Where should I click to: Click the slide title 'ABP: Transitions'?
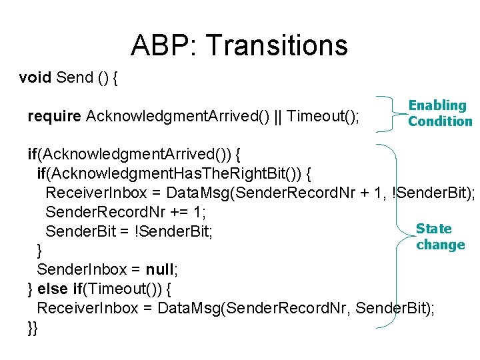239,45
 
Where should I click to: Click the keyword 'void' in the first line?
35,77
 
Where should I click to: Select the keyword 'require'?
55,117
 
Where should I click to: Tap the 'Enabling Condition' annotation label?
439,113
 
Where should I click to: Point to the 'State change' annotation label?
439,237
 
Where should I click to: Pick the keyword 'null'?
159,270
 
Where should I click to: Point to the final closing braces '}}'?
33,327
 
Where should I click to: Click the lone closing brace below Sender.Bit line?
40,251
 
